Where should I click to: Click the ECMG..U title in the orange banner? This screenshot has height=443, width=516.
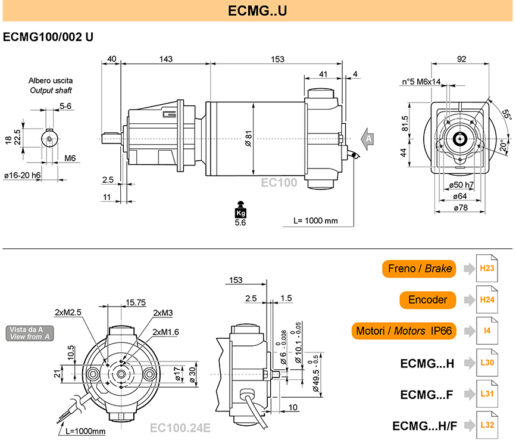[257, 11]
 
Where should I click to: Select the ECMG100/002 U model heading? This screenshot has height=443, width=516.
[48, 37]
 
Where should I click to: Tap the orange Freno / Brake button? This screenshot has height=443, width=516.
[419, 269]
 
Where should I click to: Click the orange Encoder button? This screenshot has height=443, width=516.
[427, 300]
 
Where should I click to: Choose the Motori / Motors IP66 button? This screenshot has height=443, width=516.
[404, 331]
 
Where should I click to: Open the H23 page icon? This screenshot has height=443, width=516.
[487, 268]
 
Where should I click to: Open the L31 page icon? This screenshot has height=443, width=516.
[487, 394]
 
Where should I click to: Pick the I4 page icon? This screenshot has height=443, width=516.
[487, 331]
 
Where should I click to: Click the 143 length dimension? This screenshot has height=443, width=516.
[166, 59]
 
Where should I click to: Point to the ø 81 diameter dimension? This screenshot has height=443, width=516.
[248, 138]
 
